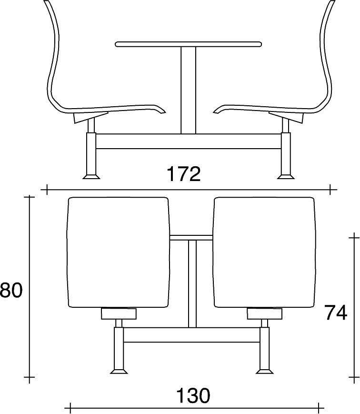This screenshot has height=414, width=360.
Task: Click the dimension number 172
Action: coord(184,175)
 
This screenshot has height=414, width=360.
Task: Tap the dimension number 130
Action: coord(193,395)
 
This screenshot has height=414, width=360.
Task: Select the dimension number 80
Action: coord(11,290)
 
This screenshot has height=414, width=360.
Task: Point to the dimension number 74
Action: coord(336,313)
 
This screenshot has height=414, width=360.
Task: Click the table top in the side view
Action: coord(189,44)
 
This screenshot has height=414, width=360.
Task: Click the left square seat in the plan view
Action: coord(119,252)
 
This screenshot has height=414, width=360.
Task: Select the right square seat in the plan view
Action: coord(264,252)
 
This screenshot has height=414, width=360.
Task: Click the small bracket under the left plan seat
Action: coord(119,313)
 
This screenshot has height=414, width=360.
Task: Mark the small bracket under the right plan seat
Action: coord(264,313)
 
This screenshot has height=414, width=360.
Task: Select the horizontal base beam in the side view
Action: coord(189,141)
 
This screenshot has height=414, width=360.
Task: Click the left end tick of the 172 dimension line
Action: coord(47,190)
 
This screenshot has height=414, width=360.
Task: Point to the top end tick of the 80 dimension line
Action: coord(30,196)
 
